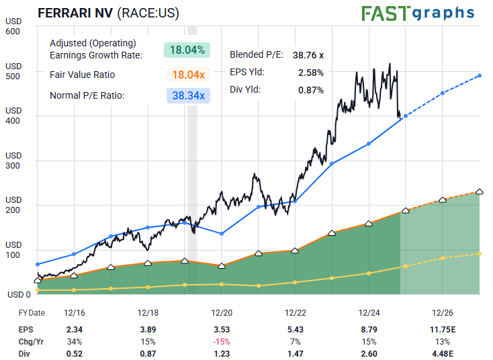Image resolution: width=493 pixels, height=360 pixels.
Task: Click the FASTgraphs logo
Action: click(418, 13)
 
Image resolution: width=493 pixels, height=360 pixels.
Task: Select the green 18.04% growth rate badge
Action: click(187, 49)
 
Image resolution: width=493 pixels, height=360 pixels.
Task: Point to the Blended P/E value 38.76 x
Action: click(308, 55)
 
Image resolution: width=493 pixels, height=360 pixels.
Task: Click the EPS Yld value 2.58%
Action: click(311, 73)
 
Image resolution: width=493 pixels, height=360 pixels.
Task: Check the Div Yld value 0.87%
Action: click(311, 90)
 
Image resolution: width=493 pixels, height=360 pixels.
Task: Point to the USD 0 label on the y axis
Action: click(19, 294)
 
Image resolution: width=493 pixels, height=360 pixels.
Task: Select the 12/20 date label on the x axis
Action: click(222, 313)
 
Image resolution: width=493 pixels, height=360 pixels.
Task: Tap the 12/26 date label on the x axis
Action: click(443, 313)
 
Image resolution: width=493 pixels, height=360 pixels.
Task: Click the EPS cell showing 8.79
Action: click(369, 329)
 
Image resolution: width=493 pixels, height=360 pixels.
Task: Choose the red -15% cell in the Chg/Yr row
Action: click(222, 341)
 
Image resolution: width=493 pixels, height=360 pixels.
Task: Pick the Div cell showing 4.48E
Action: click(443, 353)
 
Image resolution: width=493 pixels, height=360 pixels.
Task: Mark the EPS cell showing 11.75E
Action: click(443, 329)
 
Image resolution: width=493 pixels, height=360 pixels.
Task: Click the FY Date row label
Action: click(32, 313)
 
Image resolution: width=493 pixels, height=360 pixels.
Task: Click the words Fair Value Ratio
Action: click(83, 75)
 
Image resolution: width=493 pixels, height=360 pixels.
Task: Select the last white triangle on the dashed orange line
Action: click(480, 192)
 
